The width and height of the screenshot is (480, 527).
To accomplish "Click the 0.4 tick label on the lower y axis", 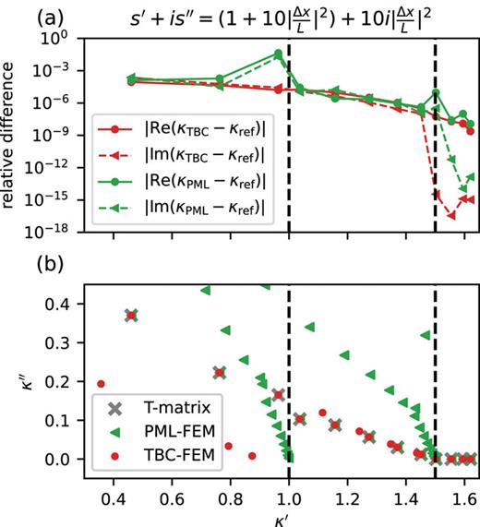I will coord(61,303).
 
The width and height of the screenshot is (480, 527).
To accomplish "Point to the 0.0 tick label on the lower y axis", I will coord(61,459).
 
